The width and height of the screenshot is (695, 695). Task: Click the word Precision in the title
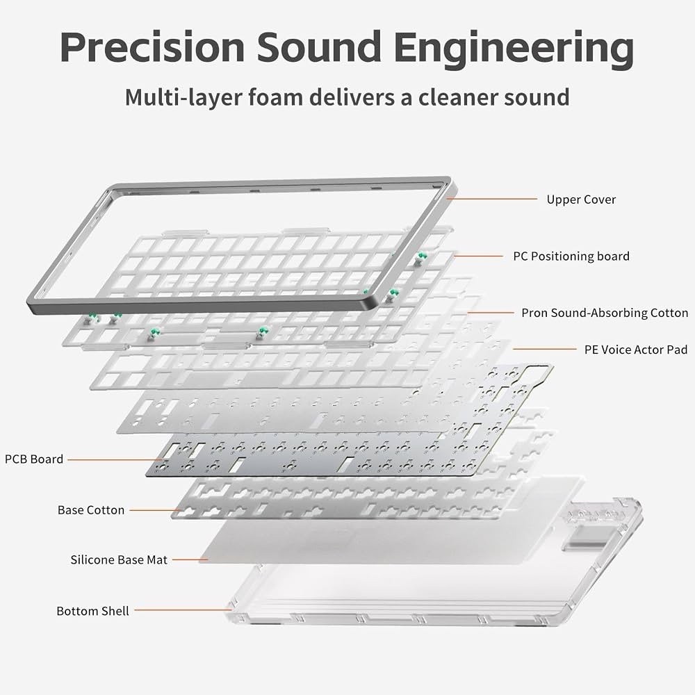point(152,47)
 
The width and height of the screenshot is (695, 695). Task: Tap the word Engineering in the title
point(514,49)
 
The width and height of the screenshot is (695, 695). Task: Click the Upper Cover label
point(581,199)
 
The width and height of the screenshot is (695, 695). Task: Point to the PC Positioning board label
point(571,256)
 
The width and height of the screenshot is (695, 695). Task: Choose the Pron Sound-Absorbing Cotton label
point(605,313)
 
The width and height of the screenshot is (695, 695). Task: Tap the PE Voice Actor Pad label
point(636,350)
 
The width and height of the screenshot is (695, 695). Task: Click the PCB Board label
point(34,459)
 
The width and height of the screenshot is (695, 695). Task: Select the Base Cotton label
point(91,510)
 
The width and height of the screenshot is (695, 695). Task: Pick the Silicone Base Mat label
point(119,559)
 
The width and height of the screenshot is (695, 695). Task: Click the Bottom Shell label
point(92,611)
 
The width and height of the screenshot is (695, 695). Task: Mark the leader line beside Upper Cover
point(492,199)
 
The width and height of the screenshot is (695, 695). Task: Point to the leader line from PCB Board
point(116,459)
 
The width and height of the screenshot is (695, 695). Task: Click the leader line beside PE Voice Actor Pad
point(545,349)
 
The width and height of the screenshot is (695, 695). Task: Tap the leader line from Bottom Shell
point(183,610)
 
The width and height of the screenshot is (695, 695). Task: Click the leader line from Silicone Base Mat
point(190,559)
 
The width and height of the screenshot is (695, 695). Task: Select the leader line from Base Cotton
point(154,510)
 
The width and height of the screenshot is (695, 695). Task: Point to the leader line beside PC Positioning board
point(479,256)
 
